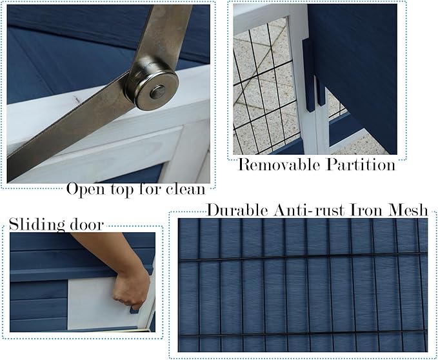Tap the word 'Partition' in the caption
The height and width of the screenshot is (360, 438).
point(359,165)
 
